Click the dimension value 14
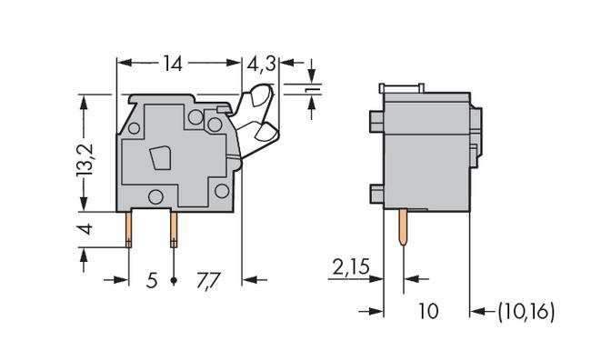(x=173, y=64)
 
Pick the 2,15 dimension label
(x=350, y=267)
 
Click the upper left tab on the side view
(x=376, y=121)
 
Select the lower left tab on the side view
(x=376, y=192)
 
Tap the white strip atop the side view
(x=400, y=87)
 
